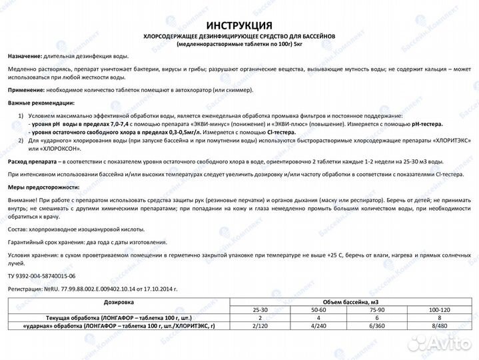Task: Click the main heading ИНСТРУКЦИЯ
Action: click(x=239, y=25)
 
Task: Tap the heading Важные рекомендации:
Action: click(x=41, y=103)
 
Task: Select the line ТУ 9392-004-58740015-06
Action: click(x=42, y=275)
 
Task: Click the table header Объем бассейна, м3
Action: click(x=350, y=302)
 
